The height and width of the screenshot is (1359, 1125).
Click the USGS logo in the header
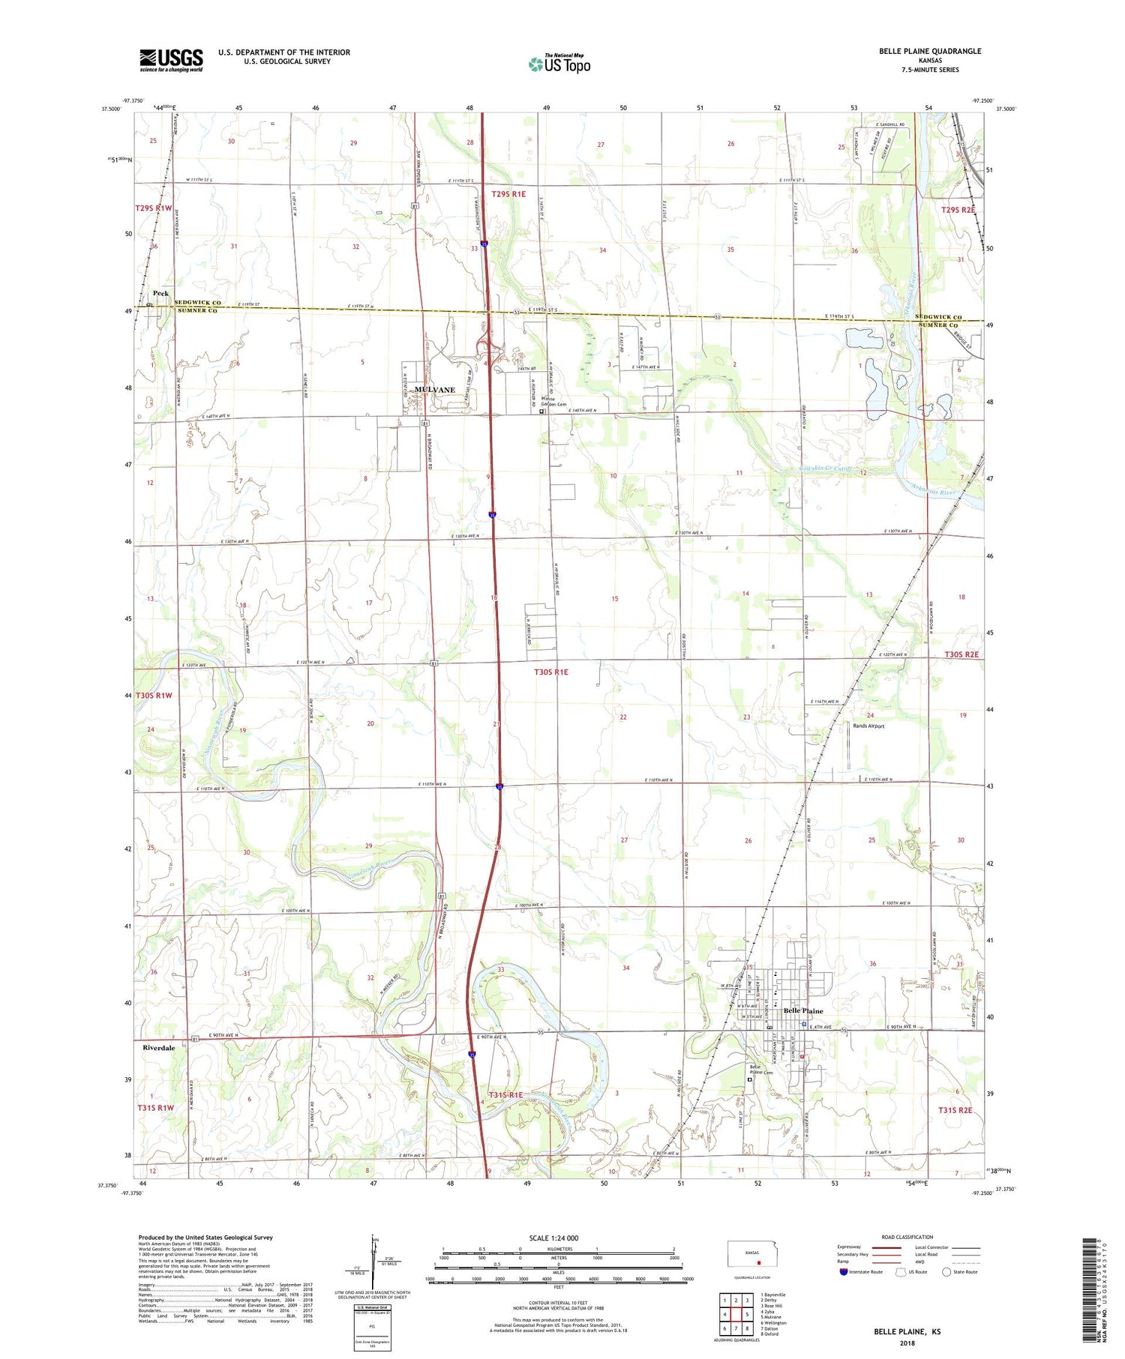point(171,60)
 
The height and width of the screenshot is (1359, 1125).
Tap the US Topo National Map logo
point(559,64)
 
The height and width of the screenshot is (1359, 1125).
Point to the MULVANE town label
point(435,390)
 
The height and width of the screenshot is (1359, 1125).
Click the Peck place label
point(160,293)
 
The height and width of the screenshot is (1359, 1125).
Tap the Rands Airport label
point(868,726)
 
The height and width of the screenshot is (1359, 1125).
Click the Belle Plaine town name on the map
point(802,1010)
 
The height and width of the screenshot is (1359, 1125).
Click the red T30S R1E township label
point(550,672)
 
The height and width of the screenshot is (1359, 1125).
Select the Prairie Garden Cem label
point(553,402)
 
